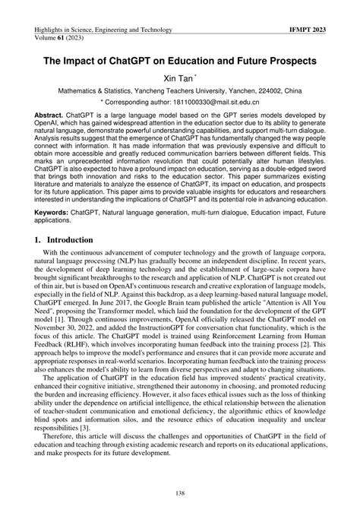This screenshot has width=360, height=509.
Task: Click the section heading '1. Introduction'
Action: coord(71,239)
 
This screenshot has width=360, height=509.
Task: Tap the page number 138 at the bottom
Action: coord(180,493)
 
